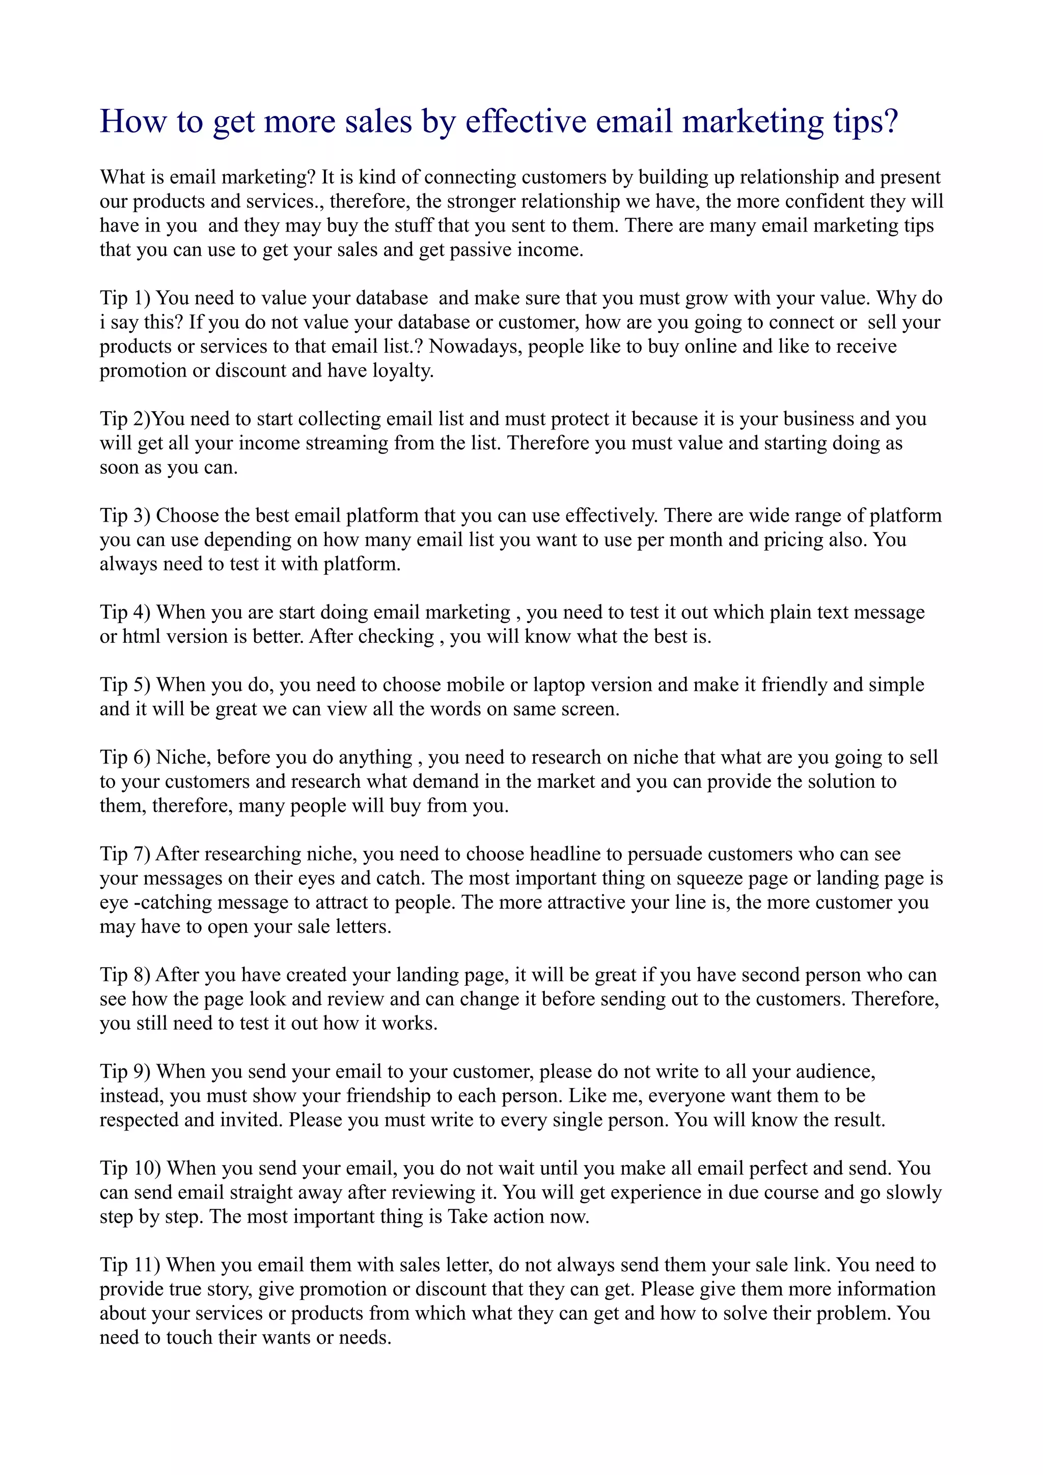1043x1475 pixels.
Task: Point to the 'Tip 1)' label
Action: click(x=125, y=299)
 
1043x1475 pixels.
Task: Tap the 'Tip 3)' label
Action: click(x=125, y=516)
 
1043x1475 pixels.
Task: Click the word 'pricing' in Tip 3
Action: click(x=793, y=540)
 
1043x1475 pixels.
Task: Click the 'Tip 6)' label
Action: click(x=125, y=757)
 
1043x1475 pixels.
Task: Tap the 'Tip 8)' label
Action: click(x=125, y=975)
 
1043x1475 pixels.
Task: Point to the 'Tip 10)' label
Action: click(x=130, y=1169)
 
